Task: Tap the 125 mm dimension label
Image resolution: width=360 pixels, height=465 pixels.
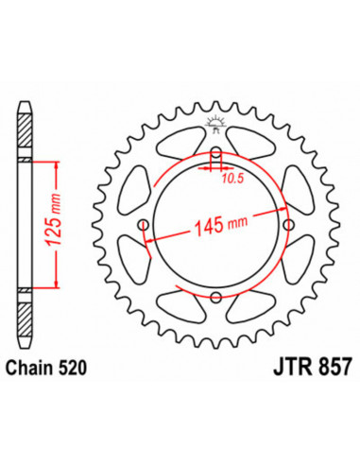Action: point(53,219)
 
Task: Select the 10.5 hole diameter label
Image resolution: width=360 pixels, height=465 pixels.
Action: point(232,179)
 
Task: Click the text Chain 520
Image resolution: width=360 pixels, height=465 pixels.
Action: point(46,368)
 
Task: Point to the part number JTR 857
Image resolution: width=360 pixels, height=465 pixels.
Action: point(312,367)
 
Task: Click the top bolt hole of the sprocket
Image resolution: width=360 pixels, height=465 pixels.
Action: point(215,152)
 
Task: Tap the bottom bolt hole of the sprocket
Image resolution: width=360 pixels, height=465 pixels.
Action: point(216,297)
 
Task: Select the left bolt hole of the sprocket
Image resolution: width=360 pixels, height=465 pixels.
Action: point(144,225)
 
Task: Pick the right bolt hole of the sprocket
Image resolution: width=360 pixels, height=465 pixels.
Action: point(288,225)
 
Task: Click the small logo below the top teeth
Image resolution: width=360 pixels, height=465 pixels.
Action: point(214,124)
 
